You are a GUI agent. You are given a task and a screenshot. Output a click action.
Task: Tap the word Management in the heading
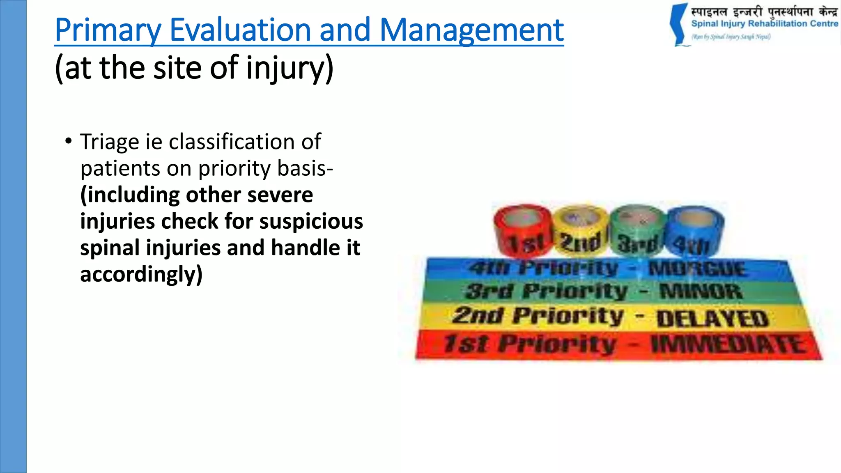pyautogui.click(x=471, y=30)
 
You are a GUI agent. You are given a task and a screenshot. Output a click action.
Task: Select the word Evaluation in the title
pyautogui.click(x=240, y=30)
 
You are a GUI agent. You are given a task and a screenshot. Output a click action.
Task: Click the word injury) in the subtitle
pyautogui.click(x=290, y=69)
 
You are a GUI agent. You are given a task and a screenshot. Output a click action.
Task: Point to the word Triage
pyautogui.click(x=110, y=142)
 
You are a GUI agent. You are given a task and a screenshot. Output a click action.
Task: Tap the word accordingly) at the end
pyautogui.click(x=141, y=274)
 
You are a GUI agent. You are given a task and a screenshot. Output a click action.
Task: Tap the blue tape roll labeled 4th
pyautogui.click(x=694, y=231)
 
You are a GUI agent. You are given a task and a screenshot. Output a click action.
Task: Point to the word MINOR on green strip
pyautogui.click(x=701, y=292)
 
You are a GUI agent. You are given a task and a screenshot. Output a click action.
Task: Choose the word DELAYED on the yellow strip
pyautogui.click(x=712, y=319)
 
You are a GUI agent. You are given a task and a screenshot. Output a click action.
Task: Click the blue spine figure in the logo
pyautogui.click(x=678, y=25)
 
